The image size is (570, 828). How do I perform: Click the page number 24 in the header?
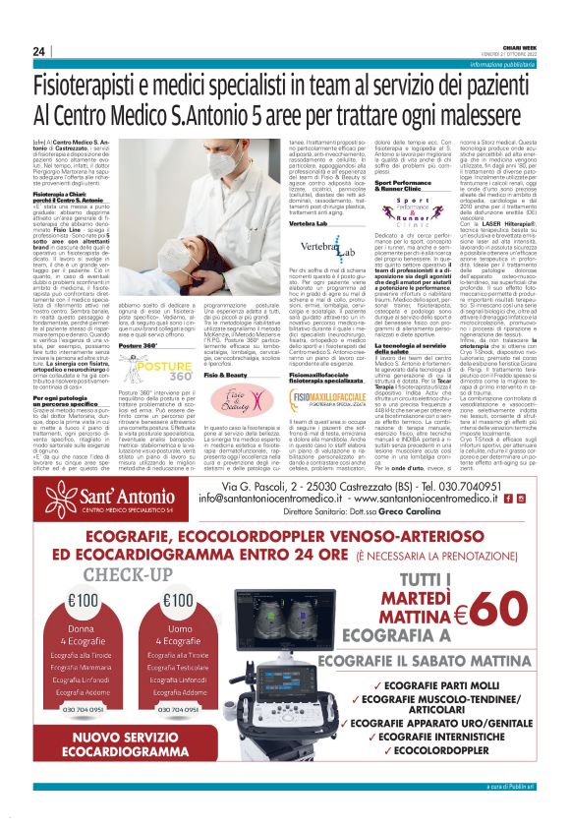click(x=39, y=50)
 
